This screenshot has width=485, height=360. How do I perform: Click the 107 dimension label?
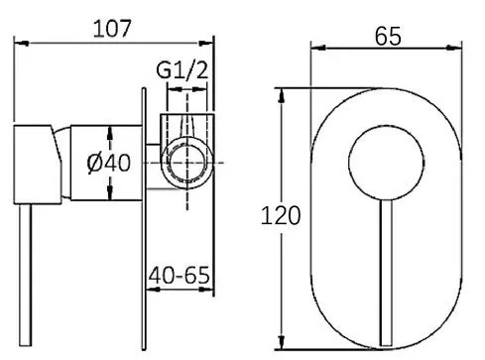112,29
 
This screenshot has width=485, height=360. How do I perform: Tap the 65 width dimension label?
388,36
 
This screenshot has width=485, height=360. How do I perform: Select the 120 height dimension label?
281,215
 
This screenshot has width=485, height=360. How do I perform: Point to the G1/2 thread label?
182,70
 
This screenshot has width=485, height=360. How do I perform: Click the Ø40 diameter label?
109,163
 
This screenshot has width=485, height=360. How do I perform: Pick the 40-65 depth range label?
179,275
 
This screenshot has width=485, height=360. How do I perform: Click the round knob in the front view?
386,163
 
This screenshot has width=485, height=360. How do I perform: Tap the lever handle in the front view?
386,273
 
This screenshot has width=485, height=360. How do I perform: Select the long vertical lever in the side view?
25,275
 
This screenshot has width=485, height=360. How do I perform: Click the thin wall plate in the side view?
144,219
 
